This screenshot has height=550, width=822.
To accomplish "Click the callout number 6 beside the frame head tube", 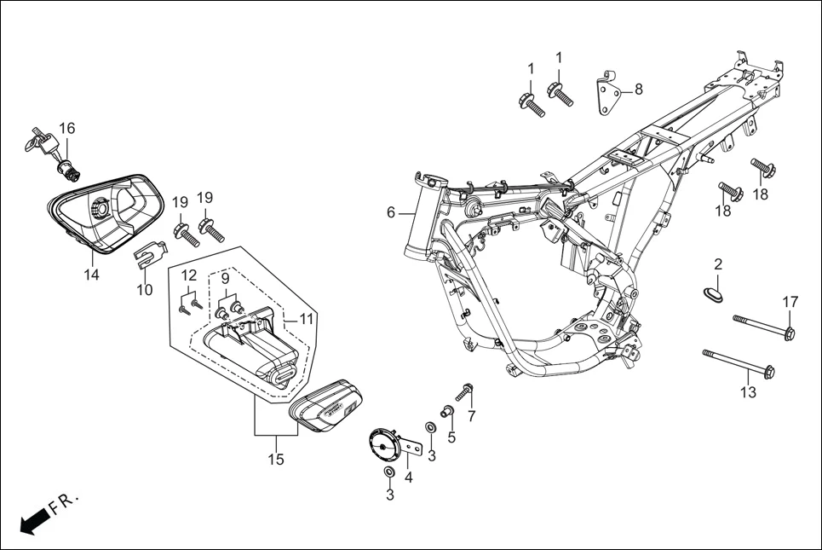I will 391,212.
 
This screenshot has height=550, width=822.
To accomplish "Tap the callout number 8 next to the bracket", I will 638,89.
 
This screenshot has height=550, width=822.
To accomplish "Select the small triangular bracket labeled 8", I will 606,91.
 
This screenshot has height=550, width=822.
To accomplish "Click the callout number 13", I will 748,392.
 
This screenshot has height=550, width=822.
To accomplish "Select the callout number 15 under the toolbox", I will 276,460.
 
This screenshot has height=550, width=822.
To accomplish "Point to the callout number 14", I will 91,275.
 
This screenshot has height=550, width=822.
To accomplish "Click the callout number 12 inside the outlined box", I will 189,275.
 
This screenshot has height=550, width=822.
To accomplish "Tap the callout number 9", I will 226,278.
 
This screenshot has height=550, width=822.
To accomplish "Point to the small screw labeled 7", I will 464,392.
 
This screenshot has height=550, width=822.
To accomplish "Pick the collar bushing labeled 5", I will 446,414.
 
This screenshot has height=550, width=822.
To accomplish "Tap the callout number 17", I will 790,301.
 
